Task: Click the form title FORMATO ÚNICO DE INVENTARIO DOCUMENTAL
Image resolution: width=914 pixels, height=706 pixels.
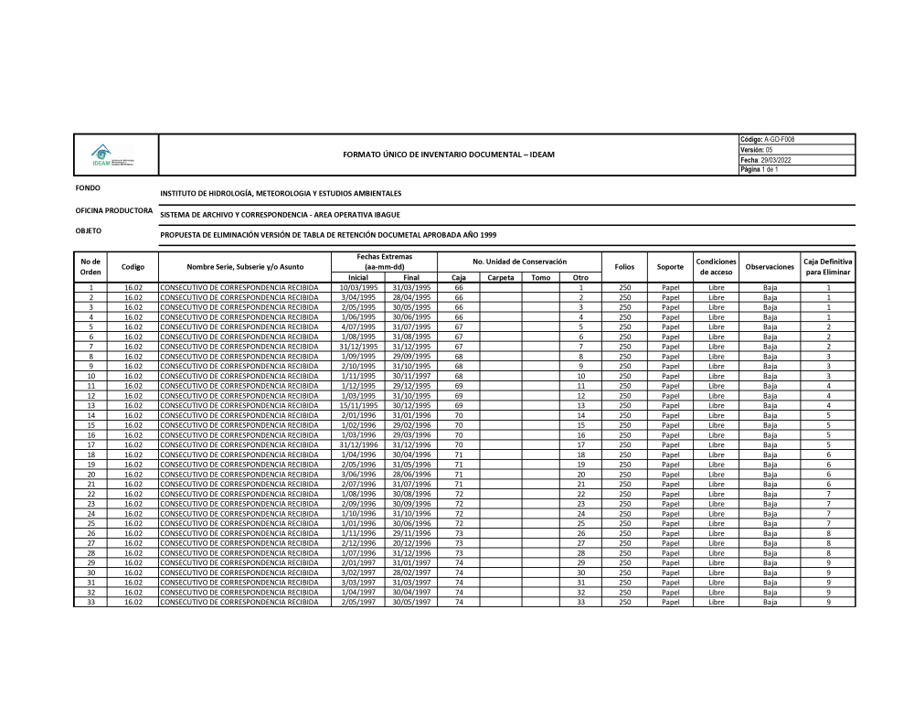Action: (x=448, y=155)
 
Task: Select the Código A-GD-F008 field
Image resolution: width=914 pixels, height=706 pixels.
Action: (x=767, y=139)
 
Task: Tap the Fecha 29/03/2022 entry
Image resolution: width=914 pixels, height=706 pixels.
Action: (x=766, y=160)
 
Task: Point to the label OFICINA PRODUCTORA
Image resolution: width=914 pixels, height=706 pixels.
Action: (x=114, y=210)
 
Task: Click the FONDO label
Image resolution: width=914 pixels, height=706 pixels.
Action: (x=89, y=188)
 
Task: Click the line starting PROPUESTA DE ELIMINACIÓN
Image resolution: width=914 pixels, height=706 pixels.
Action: (x=328, y=235)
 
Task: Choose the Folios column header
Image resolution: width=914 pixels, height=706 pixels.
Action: (x=624, y=267)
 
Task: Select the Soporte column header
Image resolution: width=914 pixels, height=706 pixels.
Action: (x=670, y=267)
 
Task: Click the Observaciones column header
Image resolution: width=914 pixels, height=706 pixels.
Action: (x=770, y=267)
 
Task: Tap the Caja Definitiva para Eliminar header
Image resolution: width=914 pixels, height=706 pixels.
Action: (x=827, y=267)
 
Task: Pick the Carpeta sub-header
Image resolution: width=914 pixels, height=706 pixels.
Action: (x=501, y=277)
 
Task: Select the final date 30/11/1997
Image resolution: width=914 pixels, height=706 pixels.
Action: (x=411, y=376)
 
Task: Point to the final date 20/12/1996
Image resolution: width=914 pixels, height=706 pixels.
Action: (x=411, y=543)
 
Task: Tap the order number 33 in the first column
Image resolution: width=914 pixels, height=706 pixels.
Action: (x=90, y=602)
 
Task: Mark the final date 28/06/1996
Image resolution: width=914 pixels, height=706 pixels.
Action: (x=411, y=474)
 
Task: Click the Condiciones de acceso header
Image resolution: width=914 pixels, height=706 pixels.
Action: (x=716, y=267)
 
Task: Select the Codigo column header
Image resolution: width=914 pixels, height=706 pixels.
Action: (x=133, y=267)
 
